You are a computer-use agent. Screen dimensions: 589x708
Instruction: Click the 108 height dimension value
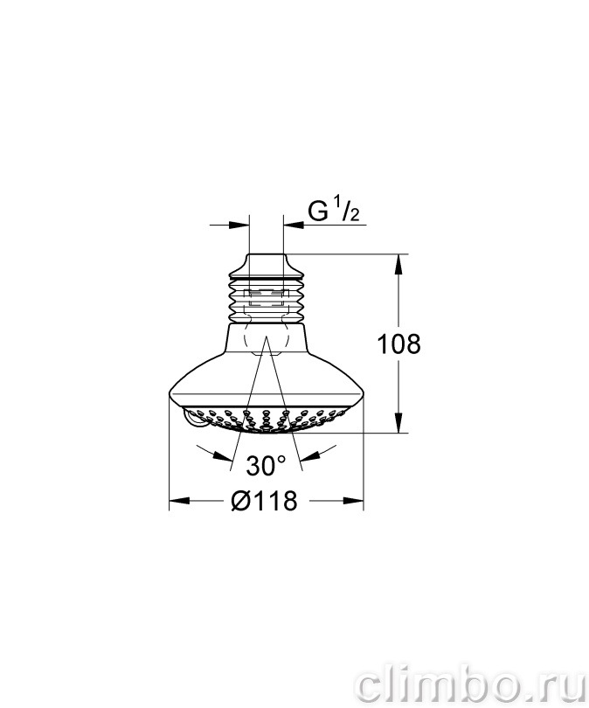398,344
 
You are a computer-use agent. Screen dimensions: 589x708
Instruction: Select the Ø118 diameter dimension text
265,501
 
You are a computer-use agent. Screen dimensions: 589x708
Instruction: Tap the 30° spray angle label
266,465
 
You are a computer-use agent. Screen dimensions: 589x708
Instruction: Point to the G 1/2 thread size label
334,211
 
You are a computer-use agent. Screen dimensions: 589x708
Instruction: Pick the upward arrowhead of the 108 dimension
398,264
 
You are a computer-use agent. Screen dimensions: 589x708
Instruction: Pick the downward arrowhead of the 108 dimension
398,423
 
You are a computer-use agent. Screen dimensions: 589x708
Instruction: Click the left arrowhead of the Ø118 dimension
179,501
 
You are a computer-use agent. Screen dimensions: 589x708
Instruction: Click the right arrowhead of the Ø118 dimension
353,501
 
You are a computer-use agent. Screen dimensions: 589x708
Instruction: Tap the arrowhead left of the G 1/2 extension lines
239,225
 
